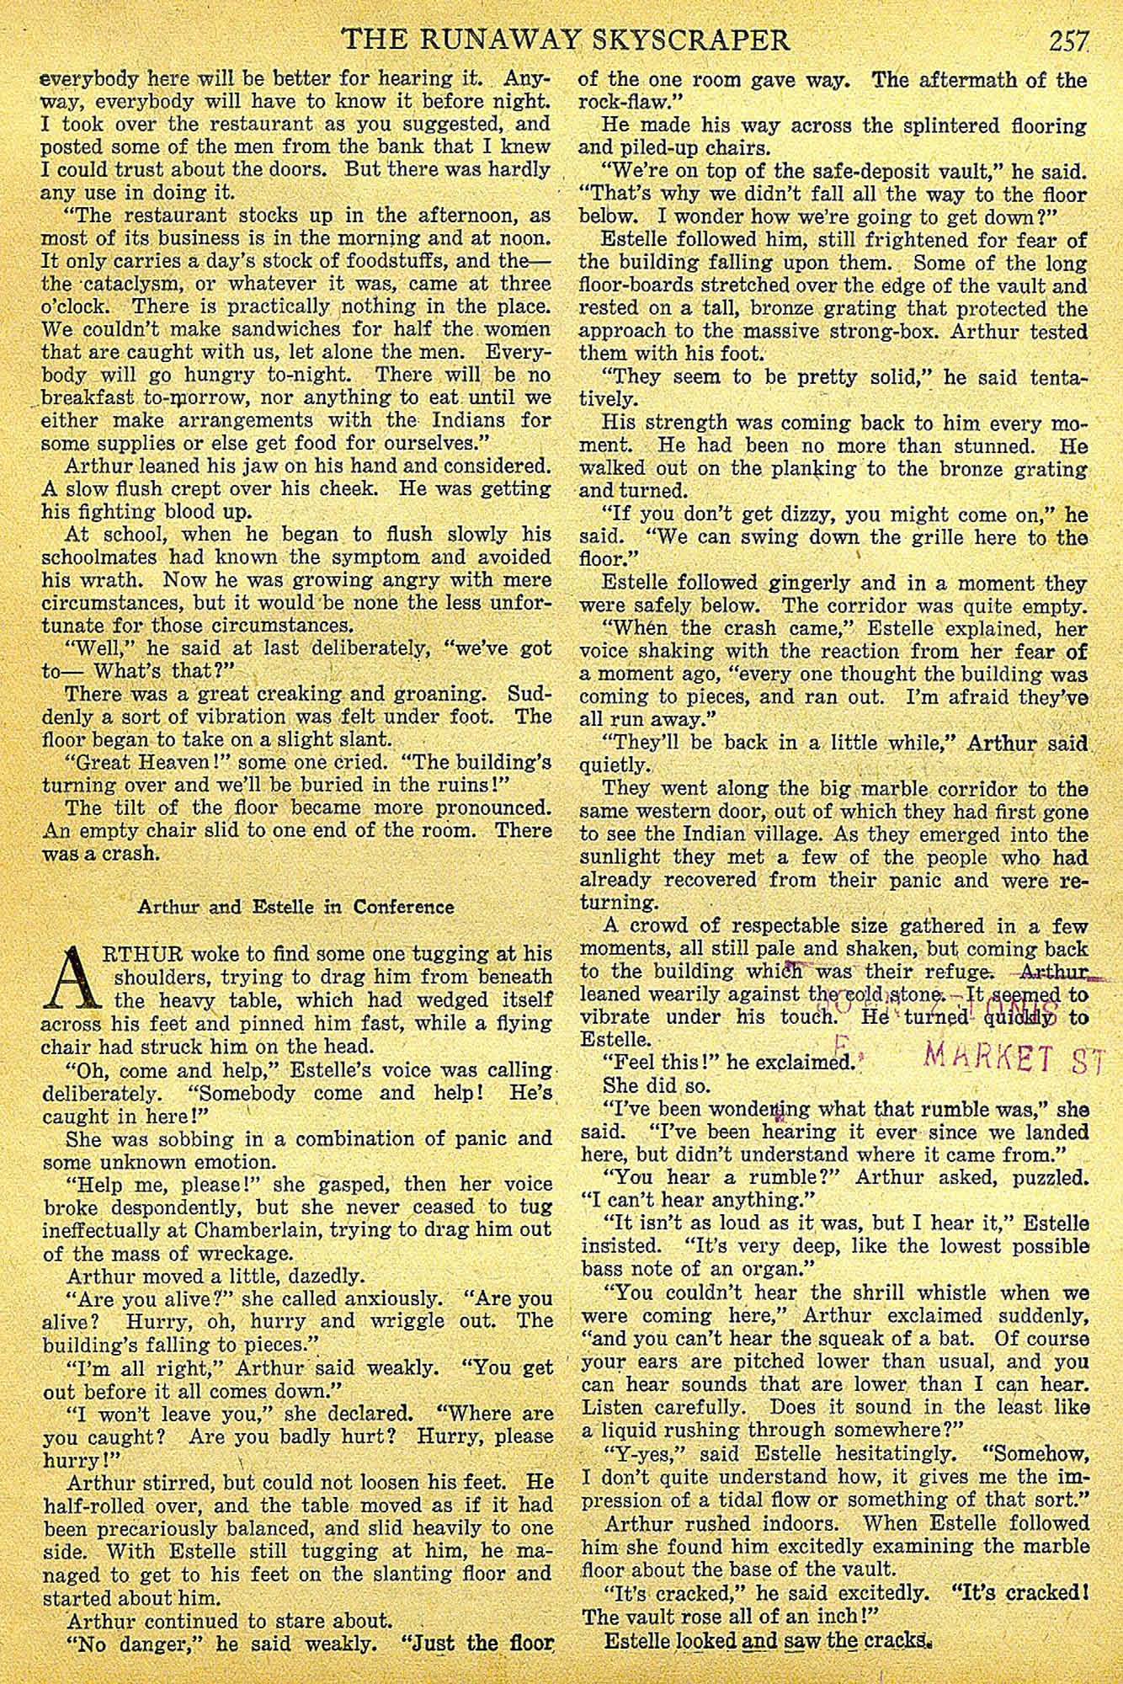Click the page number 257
coord(1068,40)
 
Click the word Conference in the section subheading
coord(403,907)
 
